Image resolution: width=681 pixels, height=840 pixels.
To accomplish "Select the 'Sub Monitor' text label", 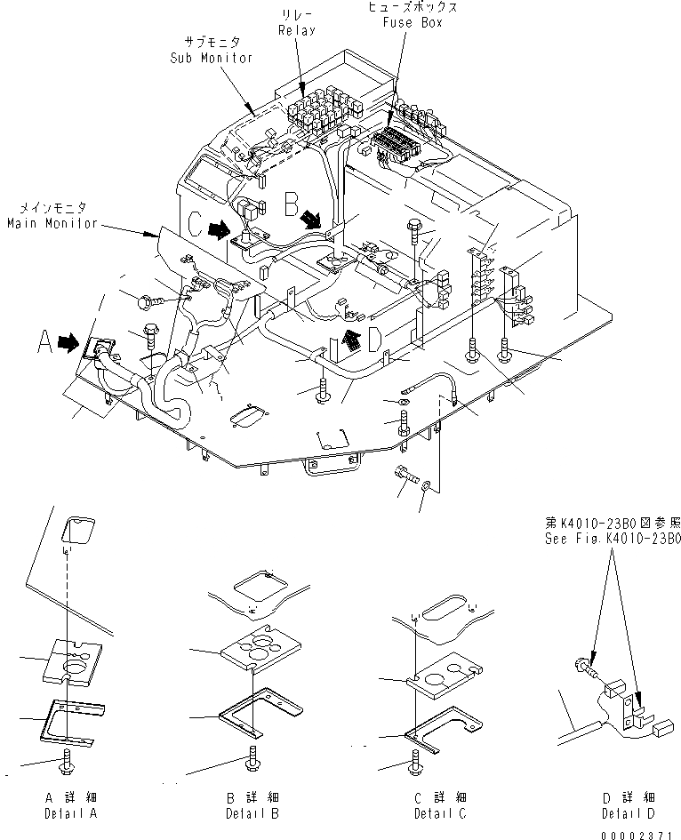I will coord(212,57).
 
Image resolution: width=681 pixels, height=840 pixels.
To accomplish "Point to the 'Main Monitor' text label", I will coord(52,223).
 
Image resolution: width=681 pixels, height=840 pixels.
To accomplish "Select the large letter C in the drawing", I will coord(194,224).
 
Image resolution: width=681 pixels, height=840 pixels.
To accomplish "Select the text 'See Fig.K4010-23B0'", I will coord(613,539).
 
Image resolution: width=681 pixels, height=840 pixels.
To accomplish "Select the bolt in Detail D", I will coord(581,663).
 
